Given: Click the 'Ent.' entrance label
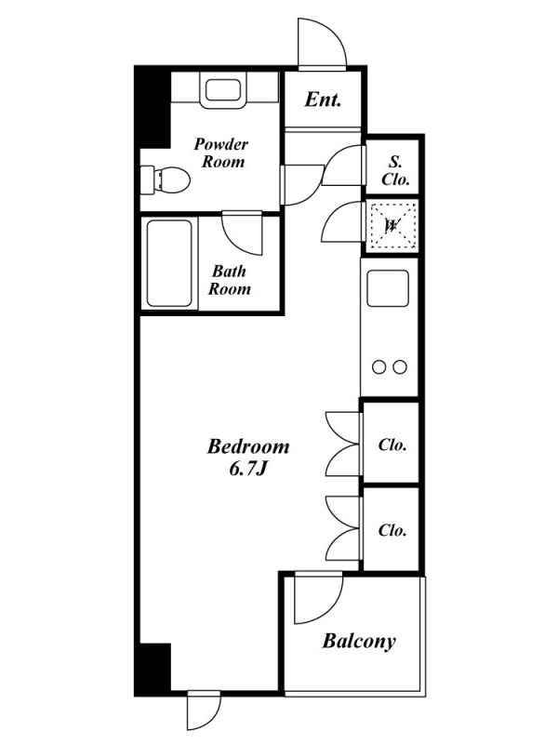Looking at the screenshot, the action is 323,100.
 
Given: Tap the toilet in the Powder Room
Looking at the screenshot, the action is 166,179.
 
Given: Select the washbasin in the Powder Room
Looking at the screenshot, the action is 223,89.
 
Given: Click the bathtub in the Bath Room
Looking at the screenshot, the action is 169,263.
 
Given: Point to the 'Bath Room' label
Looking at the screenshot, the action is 229,280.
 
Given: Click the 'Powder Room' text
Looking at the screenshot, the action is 221,153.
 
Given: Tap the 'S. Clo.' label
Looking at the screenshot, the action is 395,171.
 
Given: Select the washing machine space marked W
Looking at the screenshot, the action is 392,226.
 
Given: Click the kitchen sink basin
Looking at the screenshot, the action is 388,288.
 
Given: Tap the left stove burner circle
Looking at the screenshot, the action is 379,366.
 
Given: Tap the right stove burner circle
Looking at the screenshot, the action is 400,366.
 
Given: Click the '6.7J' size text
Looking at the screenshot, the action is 248,470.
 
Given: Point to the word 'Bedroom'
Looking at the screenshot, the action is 248,446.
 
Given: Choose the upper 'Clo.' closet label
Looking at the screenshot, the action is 392,445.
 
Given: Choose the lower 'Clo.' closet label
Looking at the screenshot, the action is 392,530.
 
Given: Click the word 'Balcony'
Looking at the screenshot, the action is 359,641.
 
